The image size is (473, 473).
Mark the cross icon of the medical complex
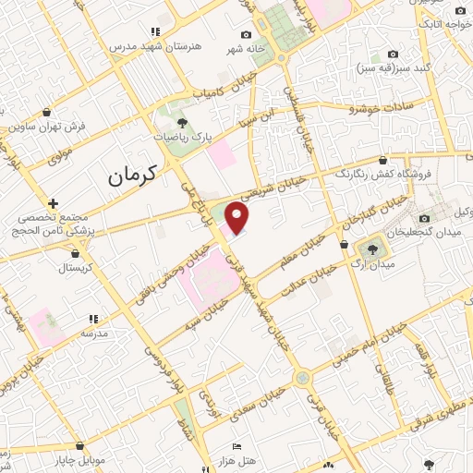55,203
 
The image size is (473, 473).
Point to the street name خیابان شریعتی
267,184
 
